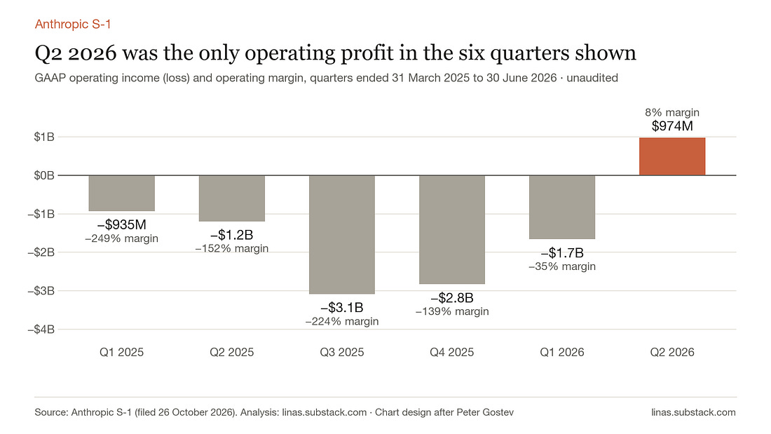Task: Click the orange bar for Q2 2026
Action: point(672,156)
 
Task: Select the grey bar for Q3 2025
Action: point(342,235)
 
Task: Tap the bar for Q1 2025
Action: point(121,194)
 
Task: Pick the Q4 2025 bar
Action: point(452,229)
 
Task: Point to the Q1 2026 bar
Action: point(562,207)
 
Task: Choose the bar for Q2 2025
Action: point(231,198)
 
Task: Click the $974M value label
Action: point(672,126)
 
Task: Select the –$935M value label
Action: point(121,225)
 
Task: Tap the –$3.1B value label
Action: point(342,308)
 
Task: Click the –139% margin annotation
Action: point(452,311)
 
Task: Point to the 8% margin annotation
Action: point(672,112)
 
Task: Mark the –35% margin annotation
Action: point(562,266)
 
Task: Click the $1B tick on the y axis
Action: point(44,137)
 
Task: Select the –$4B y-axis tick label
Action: point(41,330)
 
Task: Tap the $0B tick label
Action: point(44,175)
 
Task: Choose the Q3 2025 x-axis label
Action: point(342,352)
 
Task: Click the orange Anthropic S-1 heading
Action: point(73,24)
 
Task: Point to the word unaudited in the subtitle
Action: point(592,78)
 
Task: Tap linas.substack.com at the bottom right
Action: point(693,412)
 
